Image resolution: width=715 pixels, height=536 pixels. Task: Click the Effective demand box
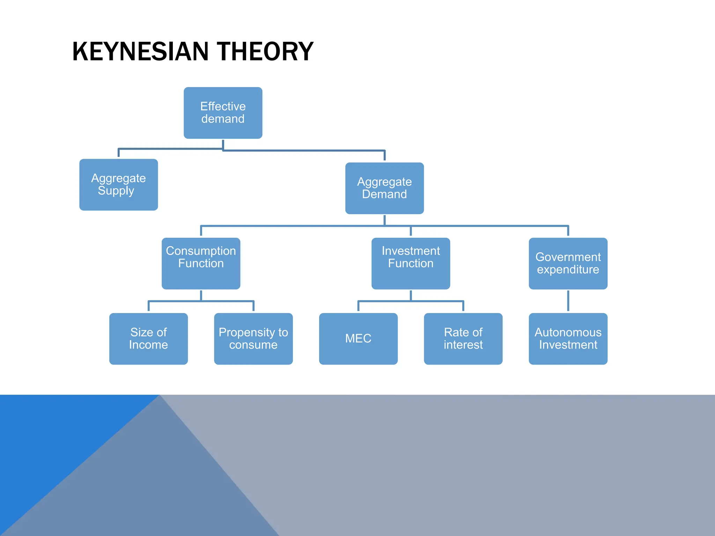click(223, 113)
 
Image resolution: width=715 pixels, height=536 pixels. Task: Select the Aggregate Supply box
click(118, 185)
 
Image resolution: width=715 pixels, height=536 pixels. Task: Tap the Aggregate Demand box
click(384, 188)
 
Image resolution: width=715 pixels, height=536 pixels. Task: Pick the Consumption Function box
click(201, 263)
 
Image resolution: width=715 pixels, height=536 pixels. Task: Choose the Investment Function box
click(411, 263)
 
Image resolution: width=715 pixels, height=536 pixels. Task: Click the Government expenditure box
click(568, 263)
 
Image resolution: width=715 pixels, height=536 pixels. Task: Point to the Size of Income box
click(148, 338)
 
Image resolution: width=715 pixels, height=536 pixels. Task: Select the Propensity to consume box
click(253, 338)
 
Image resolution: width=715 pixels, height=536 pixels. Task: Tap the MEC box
click(358, 338)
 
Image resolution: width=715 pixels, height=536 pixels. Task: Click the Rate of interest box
click(463, 338)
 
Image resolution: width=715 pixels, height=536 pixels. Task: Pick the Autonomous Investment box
click(568, 338)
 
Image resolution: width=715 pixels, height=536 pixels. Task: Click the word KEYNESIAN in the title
click(140, 52)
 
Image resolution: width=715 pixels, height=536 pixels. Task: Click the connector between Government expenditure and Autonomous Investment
click(568, 301)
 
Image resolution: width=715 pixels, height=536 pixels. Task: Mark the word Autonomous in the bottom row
click(568, 332)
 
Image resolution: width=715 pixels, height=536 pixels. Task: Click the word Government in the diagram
click(568, 257)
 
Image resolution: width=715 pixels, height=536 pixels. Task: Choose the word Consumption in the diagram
click(201, 251)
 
